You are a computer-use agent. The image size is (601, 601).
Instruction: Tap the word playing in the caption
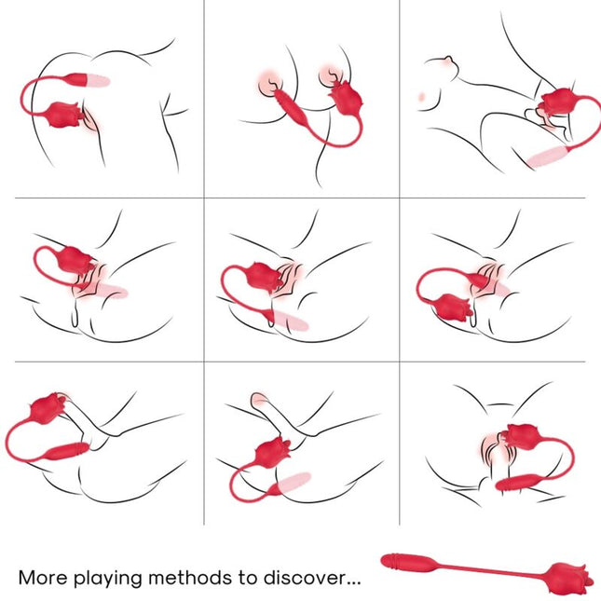point(110,579)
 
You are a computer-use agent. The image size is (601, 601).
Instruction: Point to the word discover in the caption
point(298,578)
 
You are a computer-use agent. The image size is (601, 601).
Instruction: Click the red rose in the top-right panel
point(560,102)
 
